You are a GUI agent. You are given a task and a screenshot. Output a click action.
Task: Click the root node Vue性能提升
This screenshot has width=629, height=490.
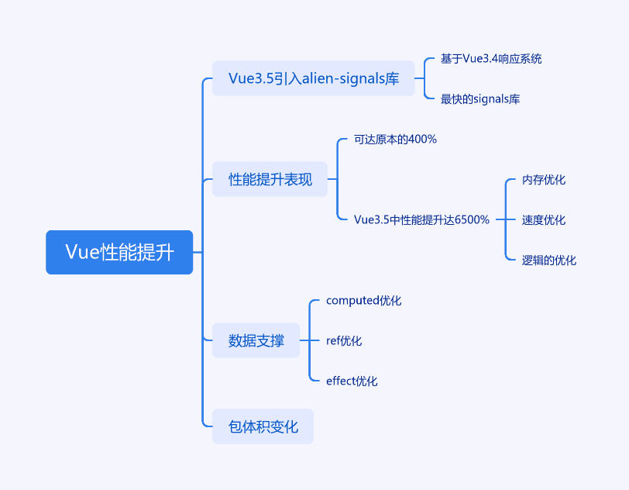coord(119,252)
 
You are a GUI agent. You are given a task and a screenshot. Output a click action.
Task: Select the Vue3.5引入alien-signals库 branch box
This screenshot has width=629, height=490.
coord(313,78)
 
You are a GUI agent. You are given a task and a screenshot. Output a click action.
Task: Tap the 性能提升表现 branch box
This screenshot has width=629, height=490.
coord(270,179)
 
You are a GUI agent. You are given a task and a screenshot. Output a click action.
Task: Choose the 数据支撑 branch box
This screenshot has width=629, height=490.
coord(256,340)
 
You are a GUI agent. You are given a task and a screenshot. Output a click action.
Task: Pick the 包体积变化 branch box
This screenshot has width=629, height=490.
coord(263,426)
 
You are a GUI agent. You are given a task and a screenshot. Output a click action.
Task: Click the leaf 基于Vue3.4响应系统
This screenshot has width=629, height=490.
coord(491,59)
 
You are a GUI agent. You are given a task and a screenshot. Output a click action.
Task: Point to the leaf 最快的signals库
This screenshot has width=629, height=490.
coord(480,98)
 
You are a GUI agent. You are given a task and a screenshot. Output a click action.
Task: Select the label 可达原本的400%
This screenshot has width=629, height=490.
coord(395,140)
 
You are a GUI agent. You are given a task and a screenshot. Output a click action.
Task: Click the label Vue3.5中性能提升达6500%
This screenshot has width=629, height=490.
coord(421,219)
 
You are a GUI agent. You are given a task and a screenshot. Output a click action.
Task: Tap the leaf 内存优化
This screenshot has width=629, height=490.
coord(544,180)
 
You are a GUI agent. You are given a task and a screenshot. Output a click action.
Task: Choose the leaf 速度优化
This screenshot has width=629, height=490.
coord(544,219)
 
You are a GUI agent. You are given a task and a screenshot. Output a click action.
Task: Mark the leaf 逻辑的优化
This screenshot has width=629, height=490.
coord(548,261)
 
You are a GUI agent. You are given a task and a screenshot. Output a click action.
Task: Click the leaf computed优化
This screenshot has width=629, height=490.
coord(363,300)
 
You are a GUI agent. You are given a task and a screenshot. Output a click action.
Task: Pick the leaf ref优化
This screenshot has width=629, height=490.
coord(344,340)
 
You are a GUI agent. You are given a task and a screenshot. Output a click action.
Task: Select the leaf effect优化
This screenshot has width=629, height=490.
coord(352,381)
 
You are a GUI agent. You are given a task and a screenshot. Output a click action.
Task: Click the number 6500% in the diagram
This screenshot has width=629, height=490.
coord(473,219)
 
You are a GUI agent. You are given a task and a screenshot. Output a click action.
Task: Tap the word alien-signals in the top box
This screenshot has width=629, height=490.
coord(340,78)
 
